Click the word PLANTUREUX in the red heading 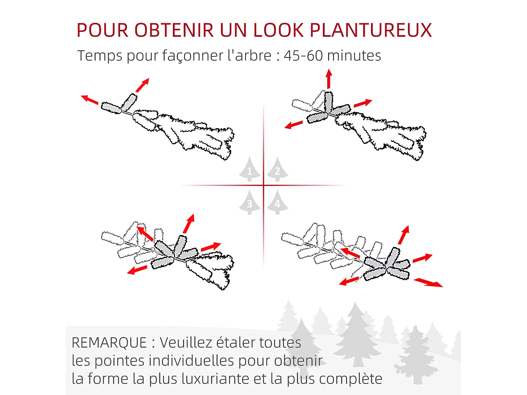click(371, 30)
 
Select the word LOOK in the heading click(278, 30)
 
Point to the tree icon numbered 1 click(249, 169)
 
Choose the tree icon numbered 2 click(277, 169)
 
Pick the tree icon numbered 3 click(249, 202)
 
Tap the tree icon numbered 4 click(277, 202)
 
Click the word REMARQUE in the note click(109, 343)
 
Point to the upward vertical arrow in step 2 click(329, 79)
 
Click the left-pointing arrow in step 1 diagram click(90, 100)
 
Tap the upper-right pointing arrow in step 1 click(143, 85)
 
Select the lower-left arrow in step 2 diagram click(293, 125)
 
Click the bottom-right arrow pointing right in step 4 click(428, 282)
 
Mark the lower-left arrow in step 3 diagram click(137, 270)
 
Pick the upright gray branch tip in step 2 click(328, 102)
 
